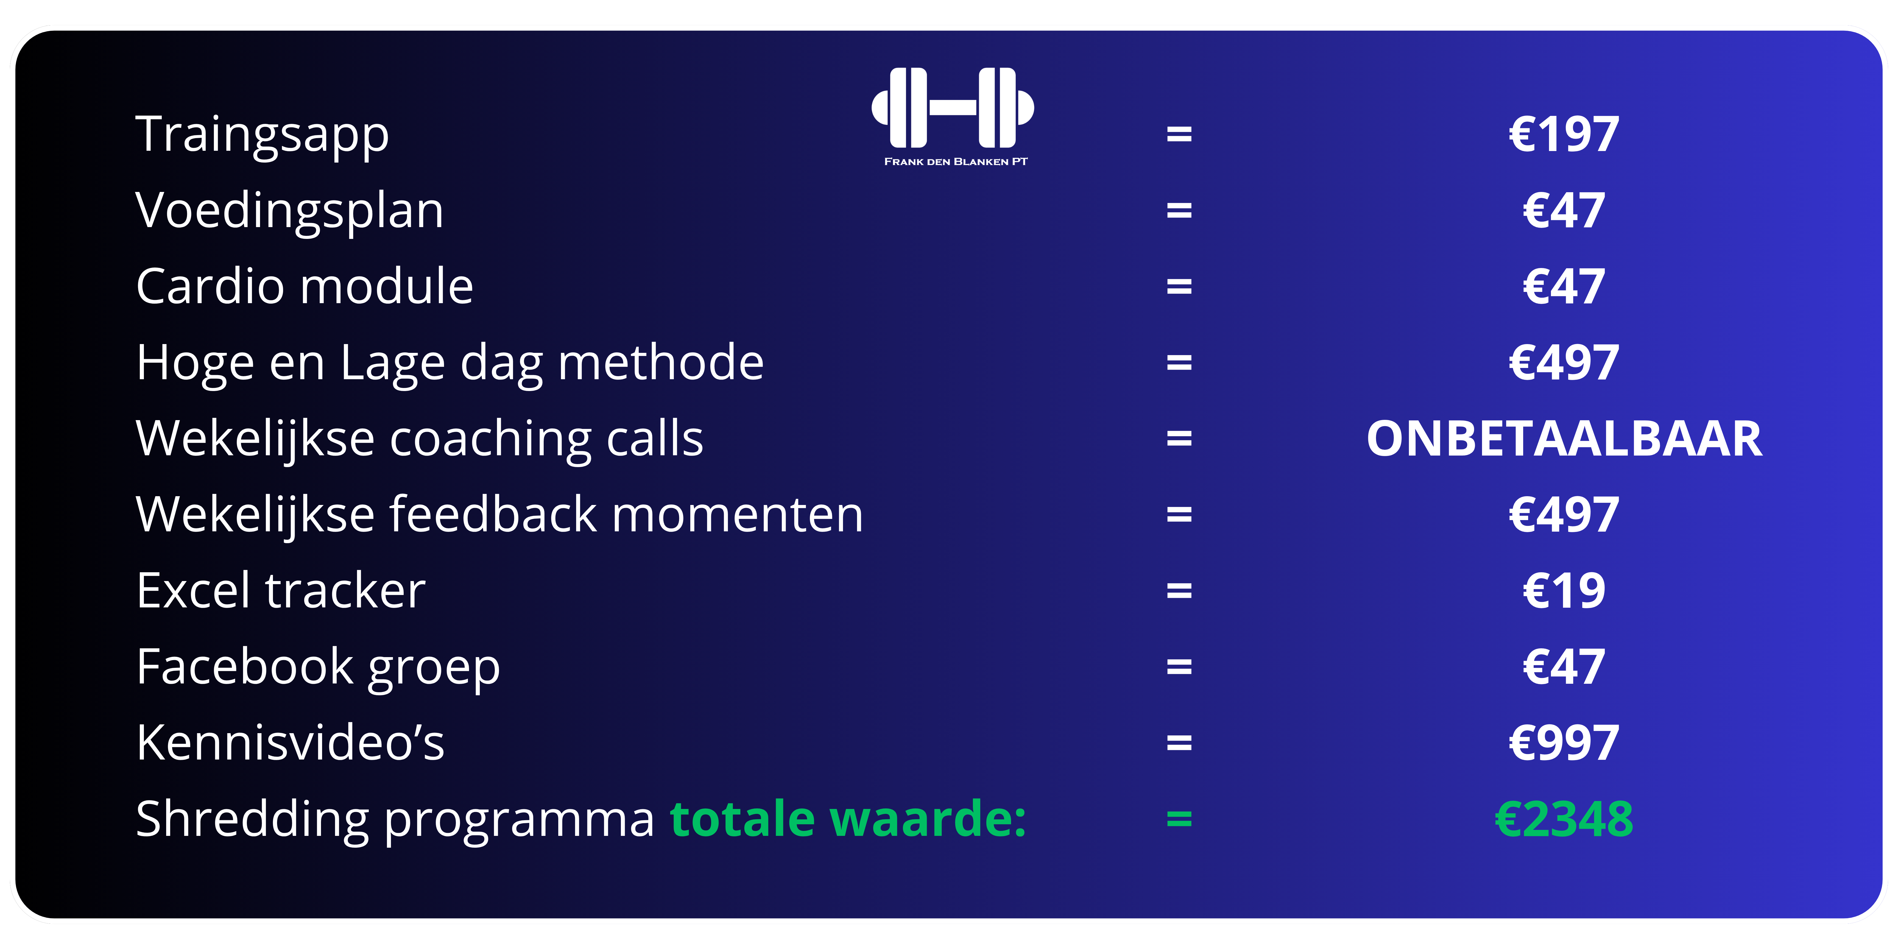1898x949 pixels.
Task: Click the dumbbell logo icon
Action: [953, 108]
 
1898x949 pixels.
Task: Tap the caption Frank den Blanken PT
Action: [956, 161]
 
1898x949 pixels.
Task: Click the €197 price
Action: [1564, 135]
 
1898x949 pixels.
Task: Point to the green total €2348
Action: [1564, 819]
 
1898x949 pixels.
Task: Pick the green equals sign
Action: [1179, 819]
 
